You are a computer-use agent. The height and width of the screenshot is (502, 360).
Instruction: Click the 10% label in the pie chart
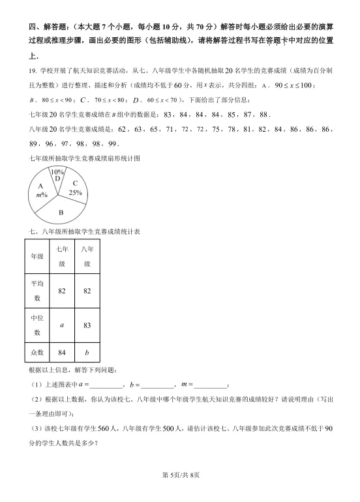58,171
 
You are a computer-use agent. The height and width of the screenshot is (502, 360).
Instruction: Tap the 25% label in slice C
76,192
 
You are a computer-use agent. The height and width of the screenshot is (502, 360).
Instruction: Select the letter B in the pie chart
61,213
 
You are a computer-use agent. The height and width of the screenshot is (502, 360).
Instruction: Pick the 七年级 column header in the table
62,256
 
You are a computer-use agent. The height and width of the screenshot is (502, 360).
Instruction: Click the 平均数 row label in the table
37,291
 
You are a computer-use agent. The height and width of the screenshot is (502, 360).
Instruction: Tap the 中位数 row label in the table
37,325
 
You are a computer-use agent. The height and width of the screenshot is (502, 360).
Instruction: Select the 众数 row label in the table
37,352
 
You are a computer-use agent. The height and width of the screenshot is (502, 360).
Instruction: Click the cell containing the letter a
62,325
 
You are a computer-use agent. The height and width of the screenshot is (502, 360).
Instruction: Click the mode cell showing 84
62,352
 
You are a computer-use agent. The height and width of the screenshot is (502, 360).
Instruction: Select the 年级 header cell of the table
37,256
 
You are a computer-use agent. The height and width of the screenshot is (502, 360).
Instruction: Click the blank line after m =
209,386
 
